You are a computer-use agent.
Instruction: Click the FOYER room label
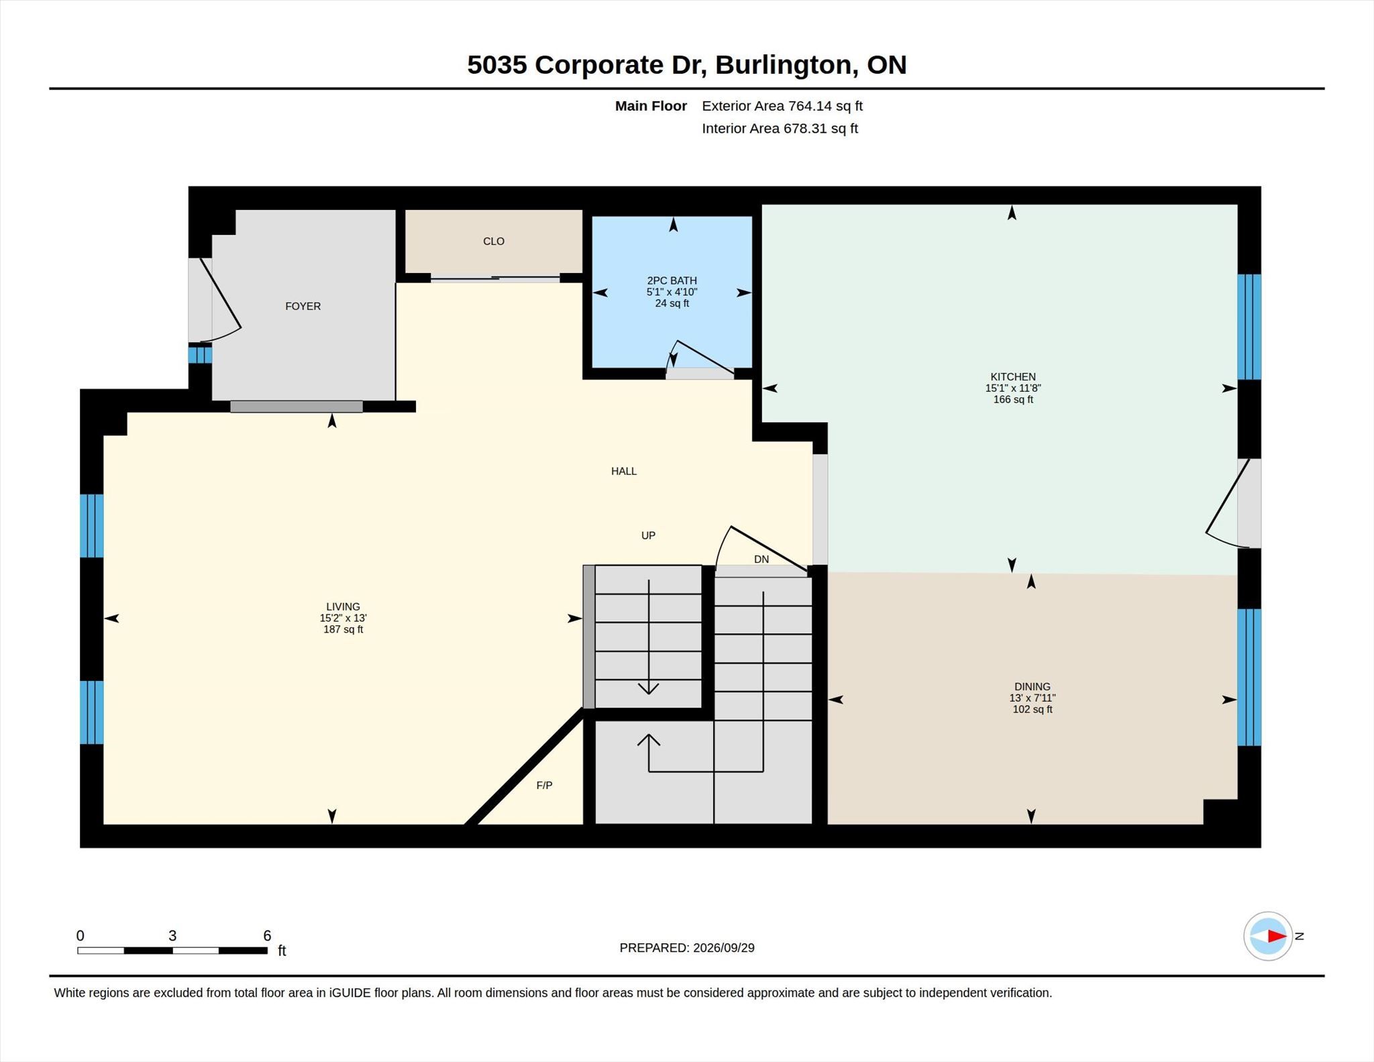click(x=303, y=306)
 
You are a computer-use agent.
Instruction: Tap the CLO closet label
click(x=494, y=241)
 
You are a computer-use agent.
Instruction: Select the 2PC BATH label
click(x=672, y=280)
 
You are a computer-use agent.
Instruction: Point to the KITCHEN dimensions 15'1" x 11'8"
click(x=1013, y=388)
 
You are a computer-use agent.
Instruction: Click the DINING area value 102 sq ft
click(x=1033, y=709)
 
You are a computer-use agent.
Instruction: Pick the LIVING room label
click(x=343, y=606)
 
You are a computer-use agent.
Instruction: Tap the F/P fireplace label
click(x=544, y=785)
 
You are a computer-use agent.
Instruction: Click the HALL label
click(x=624, y=471)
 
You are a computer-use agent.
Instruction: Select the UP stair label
click(x=648, y=535)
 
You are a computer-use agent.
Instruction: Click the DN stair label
click(x=761, y=559)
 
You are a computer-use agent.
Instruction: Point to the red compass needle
click(x=1277, y=936)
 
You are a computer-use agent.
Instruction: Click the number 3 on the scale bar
click(x=172, y=935)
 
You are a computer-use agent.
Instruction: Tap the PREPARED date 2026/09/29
click(x=724, y=947)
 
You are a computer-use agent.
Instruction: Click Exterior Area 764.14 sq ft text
click(x=782, y=106)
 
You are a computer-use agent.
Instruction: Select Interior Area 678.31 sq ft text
click(x=780, y=128)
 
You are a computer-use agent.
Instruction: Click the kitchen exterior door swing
click(x=1228, y=503)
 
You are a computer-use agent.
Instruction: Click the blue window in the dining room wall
click(x=1249, y=677)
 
